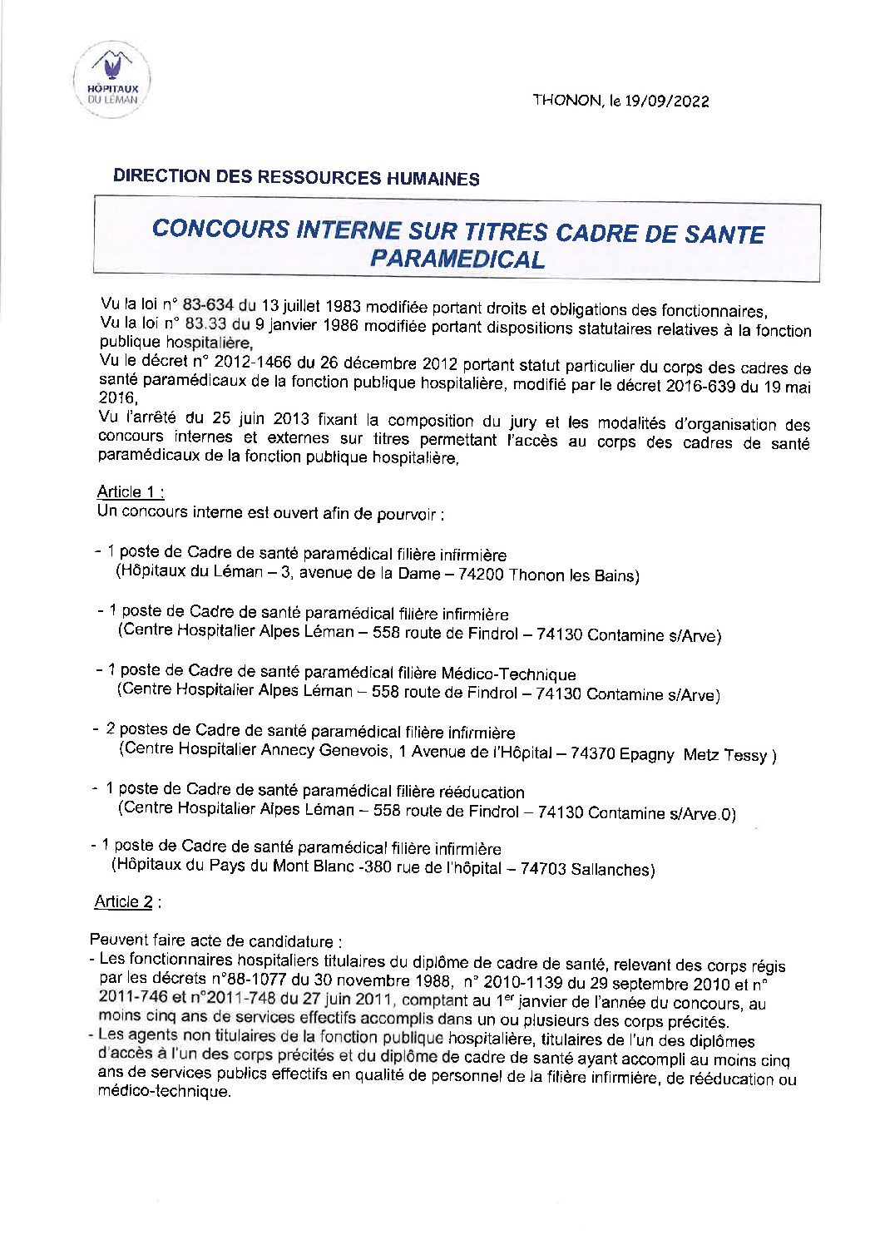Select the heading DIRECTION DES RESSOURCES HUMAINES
[296, 177]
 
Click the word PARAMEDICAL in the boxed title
[457, 259]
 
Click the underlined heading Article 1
[130, 491]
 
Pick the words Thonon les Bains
[573, 575]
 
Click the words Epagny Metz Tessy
[698, 755]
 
